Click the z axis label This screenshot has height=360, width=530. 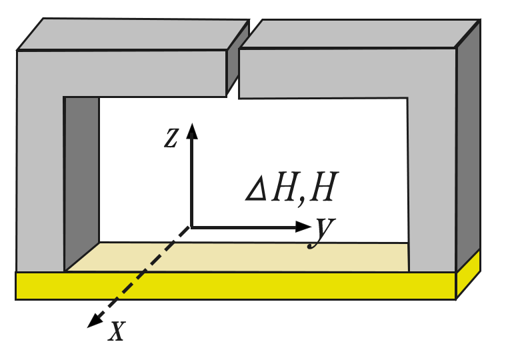pyautogui.click(x=171, y=137)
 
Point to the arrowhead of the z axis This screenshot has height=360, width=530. pyautogui.click(x=193, y=130)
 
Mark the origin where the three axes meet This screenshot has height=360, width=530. pyautogui.click(x=192, y=227)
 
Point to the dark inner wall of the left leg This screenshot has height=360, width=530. pyautogui.click(x=82, y=180)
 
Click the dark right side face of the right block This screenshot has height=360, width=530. pyautogui.click(x=467, y=147)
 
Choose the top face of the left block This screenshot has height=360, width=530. pyautogui.click(x=133, y=33)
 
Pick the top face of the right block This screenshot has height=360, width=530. pyautogui.click(x=360, y=33)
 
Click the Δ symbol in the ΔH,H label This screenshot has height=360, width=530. pyautogui.click(x=256, y=191)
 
